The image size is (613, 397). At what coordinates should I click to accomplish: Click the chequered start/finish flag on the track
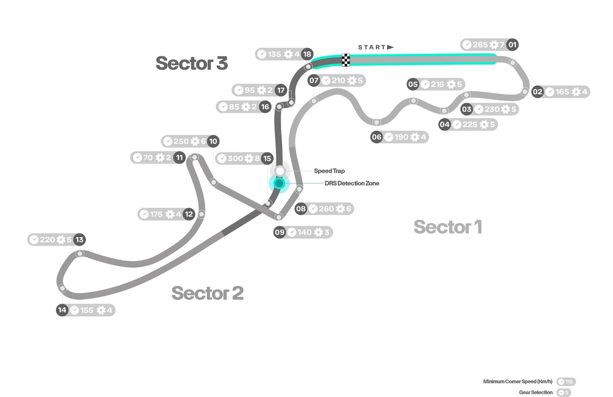346,60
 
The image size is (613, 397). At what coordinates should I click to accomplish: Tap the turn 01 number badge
512,45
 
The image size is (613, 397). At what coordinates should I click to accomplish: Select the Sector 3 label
191,63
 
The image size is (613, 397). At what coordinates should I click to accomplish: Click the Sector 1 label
447,227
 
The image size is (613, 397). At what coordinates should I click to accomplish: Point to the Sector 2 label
207,293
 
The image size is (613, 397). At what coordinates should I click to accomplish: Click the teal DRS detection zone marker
279,183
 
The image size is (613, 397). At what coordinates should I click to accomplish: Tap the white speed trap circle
280,171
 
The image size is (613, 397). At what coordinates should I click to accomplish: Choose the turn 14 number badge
62,310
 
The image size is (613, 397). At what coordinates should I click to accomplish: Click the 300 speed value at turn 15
235,158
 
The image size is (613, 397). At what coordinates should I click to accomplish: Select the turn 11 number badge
179,158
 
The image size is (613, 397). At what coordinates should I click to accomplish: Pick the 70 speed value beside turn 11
148,158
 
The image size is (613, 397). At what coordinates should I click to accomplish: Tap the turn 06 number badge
376,137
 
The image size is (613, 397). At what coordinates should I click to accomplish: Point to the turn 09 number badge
280,232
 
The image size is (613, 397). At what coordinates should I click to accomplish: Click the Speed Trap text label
329,171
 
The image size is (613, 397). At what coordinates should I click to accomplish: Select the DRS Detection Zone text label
352,183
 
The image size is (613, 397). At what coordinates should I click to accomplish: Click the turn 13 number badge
79,240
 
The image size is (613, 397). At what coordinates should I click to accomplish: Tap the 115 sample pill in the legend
566,382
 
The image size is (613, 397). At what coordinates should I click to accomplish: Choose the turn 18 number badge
307,54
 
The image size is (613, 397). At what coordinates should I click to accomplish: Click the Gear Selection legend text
535,393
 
